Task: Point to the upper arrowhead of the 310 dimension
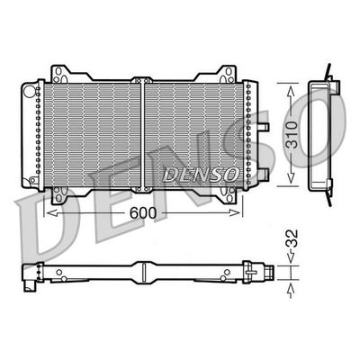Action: click(x=289, y=86)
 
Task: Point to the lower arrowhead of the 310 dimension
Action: click(x=289, y=182)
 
